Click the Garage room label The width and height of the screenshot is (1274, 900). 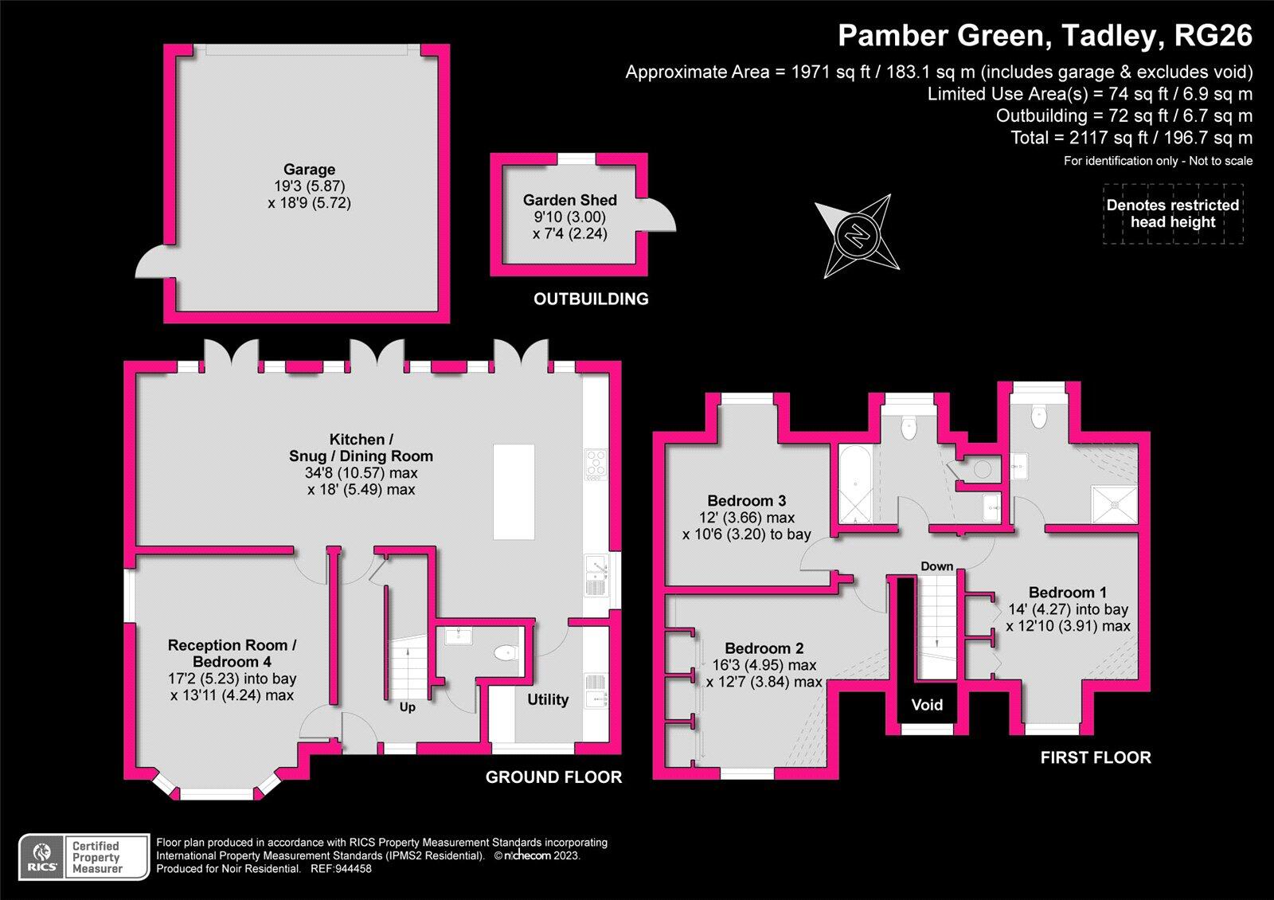click(309, 170)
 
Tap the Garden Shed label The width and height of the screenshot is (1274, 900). click(569, 201)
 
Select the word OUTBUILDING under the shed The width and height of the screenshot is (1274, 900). click(591, 299)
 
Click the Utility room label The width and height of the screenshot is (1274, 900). click(548, 699)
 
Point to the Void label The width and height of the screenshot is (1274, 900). click(927, 705)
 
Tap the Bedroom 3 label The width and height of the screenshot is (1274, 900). click(746, 501)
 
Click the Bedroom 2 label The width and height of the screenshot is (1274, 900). click(764, 648)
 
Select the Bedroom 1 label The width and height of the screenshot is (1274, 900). click(1067, 593)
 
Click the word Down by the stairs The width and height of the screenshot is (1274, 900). click(936, 566)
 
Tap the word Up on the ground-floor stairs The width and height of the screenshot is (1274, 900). click(407, 707)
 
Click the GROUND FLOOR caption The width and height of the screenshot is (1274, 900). click(553, 777)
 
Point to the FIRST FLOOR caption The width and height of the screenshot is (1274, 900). click(1096, 757)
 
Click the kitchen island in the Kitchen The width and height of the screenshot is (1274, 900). click(514, 491)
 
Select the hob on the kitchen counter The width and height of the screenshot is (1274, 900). click(596, 464)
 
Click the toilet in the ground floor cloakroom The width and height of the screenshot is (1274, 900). click(505, 653)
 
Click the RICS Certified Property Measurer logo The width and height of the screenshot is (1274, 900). click(84, 857)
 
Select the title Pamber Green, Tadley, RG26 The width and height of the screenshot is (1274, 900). click(1045, 36)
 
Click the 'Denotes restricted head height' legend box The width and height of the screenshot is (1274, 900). click(1173, 213)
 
